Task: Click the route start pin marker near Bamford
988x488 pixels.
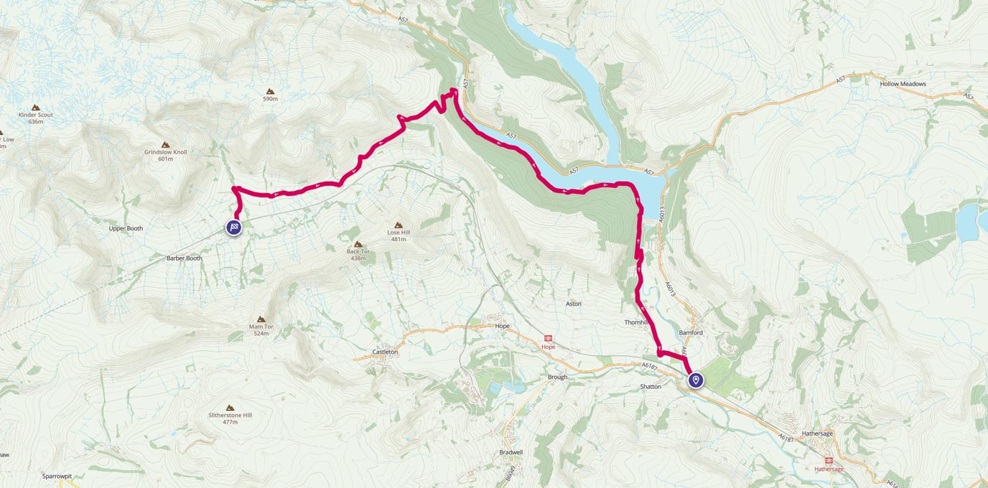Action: (x=696, y=380)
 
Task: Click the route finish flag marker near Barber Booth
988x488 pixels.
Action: (x=234, y=227)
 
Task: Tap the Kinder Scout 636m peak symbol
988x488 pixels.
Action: (x=36, y=107)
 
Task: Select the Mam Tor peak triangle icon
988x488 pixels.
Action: (x=261, y=319)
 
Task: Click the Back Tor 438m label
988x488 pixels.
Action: (x=358, y=254)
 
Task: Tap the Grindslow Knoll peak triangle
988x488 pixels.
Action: (x=166, y=145)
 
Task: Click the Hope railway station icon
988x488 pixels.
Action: (x=548, y=338)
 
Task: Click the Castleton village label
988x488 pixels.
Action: (x=385, y=352)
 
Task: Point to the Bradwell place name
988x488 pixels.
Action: (x=511, y=452)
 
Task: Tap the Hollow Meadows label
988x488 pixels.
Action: (x=903, y=84)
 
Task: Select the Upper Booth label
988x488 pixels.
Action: (x=126, y=228)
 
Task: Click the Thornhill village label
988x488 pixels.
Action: (x=637, y=323)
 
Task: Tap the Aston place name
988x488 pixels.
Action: (x=573, y=304)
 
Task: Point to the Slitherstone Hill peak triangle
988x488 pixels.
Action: (x=230, y=408)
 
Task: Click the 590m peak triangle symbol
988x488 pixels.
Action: (x=270, y=91)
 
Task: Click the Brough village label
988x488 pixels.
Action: (x=556, y=377)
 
